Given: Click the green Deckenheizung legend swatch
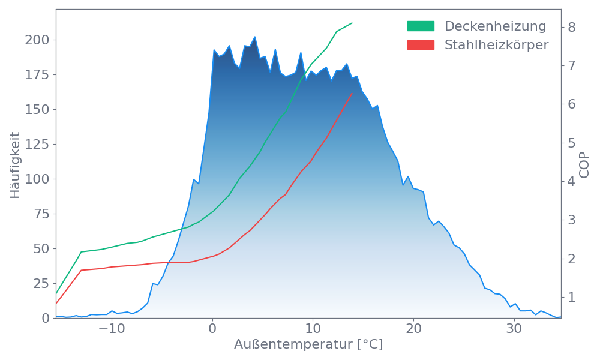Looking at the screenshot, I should pyautogui.click(x=421, y=26).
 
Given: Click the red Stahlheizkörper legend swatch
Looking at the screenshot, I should pyautogui.click(x=421, y=45).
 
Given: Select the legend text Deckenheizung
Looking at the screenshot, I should pyautogui.click(x=495, y=26).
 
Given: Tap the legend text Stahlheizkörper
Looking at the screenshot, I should pyautogui.click(x=496, y=45).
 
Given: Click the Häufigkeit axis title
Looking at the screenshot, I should pyautogui.click(x=15, y=165).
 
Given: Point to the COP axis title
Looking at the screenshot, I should pyautogui.click(x=584, y=164).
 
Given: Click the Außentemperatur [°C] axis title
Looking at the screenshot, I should pyautogui.click(x=308, y=345).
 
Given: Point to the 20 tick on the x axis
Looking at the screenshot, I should pyautogui.click(x=413, y=329).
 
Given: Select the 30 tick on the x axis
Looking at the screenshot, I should pyautogui.click(x=513, y=329).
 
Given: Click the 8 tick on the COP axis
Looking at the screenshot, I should pyautogui.click(x=572, y=27).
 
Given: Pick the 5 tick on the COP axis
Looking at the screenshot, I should pyautogui.click(x=572, y=143).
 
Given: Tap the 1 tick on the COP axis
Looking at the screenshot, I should pyautogui.click(x=572, y=297).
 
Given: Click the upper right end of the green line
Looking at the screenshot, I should pyautogui.click(x=352, y=23).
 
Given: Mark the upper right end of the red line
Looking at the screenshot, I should pyautogui.click(x=352, y=93).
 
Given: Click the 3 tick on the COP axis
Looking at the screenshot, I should pyautogui.click(x=572, y=220).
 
